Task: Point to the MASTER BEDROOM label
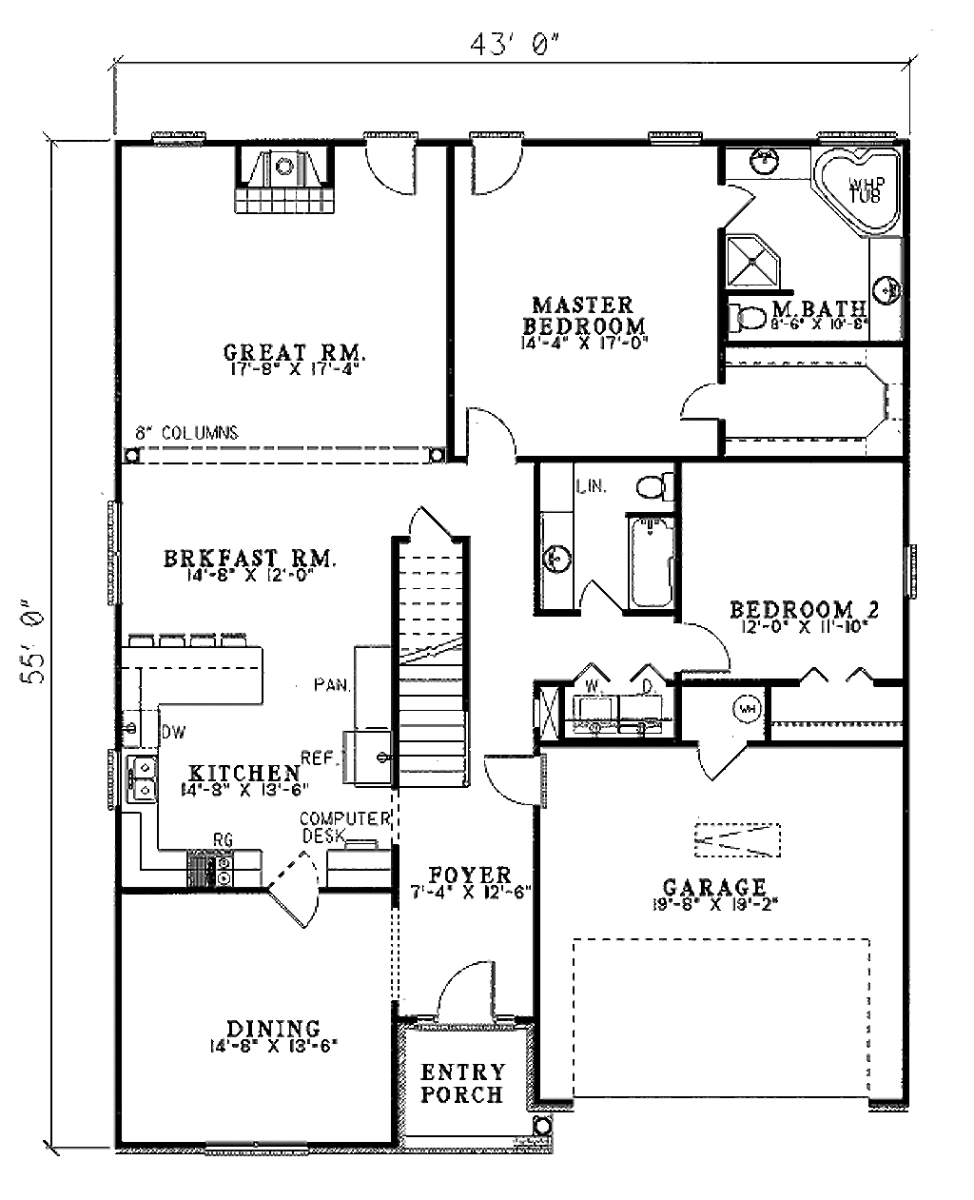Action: coord(583,315)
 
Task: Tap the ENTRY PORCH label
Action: coord(463,1083)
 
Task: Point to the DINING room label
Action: coord(273,1029)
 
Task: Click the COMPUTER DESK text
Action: coord(344,826)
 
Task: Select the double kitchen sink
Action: coord(143,776)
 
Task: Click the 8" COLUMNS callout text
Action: coord(185,432)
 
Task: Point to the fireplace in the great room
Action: coord(284,182)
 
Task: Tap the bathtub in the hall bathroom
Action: coord(652,561)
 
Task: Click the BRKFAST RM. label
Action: coord(249,560)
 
